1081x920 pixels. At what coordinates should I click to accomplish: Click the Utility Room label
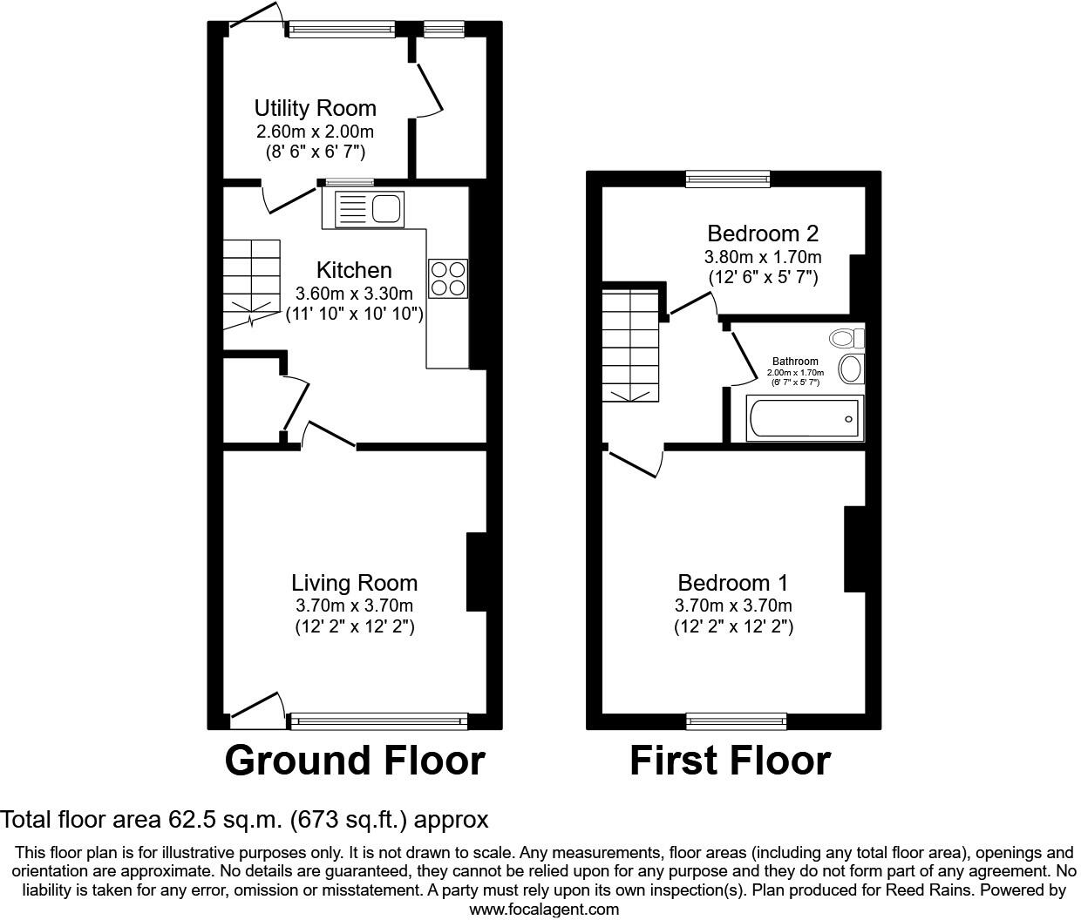tap(315, 108)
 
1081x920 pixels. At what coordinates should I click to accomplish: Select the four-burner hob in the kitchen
tap(448, 278)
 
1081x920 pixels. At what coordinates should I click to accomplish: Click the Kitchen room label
tap(354, 270)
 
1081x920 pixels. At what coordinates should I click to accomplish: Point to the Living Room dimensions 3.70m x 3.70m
tap(354, 605)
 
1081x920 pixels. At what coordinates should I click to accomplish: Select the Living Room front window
tap(378, 720)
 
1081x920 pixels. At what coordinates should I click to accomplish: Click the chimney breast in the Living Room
tap(477, 572)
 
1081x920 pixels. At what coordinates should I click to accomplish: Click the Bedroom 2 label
tap(763, 233)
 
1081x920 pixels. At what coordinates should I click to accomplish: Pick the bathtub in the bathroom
tap(805, 419)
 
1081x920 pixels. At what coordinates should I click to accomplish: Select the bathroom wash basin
tap(850, 369)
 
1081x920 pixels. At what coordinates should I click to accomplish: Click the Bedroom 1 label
tap(733, 583)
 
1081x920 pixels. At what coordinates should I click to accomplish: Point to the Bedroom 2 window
tap(728, 179)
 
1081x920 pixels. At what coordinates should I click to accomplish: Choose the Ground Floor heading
tap(354, 761)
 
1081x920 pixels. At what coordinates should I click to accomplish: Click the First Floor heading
tap(730, 761)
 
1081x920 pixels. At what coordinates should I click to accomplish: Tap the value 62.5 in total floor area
tap(187, 820)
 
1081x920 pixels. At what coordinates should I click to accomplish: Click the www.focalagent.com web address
tap(544, 910)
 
